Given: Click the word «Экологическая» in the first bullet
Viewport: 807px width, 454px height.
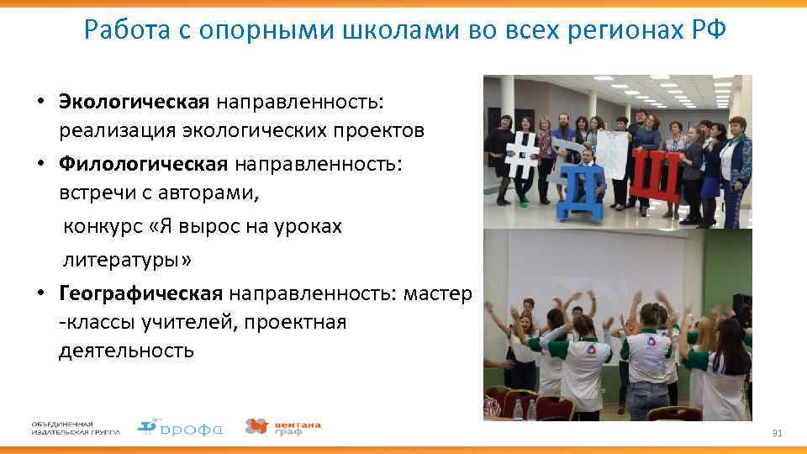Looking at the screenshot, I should (134, 102).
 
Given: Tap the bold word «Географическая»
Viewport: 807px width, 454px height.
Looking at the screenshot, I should (140, 293).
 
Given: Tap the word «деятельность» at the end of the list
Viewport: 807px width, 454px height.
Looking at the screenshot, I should (126, 350).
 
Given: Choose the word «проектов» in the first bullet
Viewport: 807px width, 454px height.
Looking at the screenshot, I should (385, 131).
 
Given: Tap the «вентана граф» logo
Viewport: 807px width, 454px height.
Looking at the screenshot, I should (282, 427).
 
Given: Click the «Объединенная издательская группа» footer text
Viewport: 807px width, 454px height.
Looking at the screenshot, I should (76, 427).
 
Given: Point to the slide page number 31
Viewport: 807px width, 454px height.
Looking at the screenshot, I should (777, 433).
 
